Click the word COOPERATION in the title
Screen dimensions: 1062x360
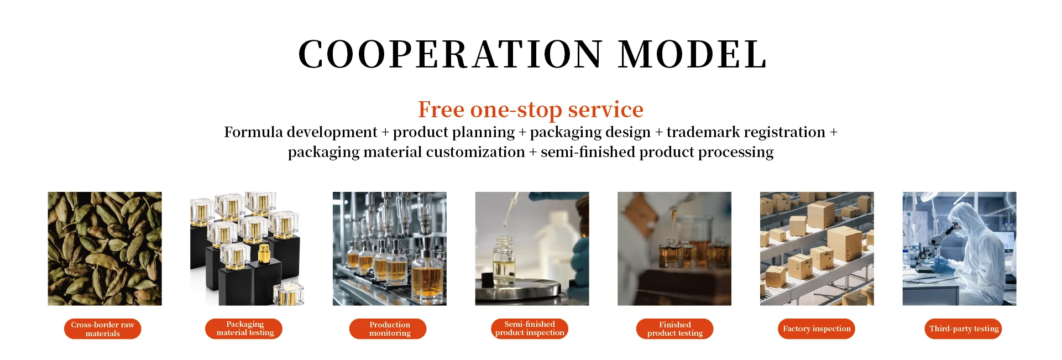click(450, 54)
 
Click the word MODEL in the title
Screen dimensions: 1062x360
click(692, 54)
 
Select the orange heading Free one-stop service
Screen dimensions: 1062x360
click(531, 109)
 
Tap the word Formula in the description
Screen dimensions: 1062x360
click(254, 132)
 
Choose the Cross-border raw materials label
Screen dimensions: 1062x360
click(103, 329)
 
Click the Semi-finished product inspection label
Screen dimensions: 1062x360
click(530, 328)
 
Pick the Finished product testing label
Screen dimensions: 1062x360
click(675, 329)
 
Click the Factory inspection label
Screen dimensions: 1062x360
click(817, 328)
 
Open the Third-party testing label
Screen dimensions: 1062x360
click(964, 328)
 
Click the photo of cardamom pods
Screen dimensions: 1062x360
click(105, 249)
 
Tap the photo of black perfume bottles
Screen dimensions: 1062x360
click(247, 249)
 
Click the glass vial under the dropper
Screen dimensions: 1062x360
click(504, 260)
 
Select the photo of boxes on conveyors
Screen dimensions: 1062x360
click(817, 249)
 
